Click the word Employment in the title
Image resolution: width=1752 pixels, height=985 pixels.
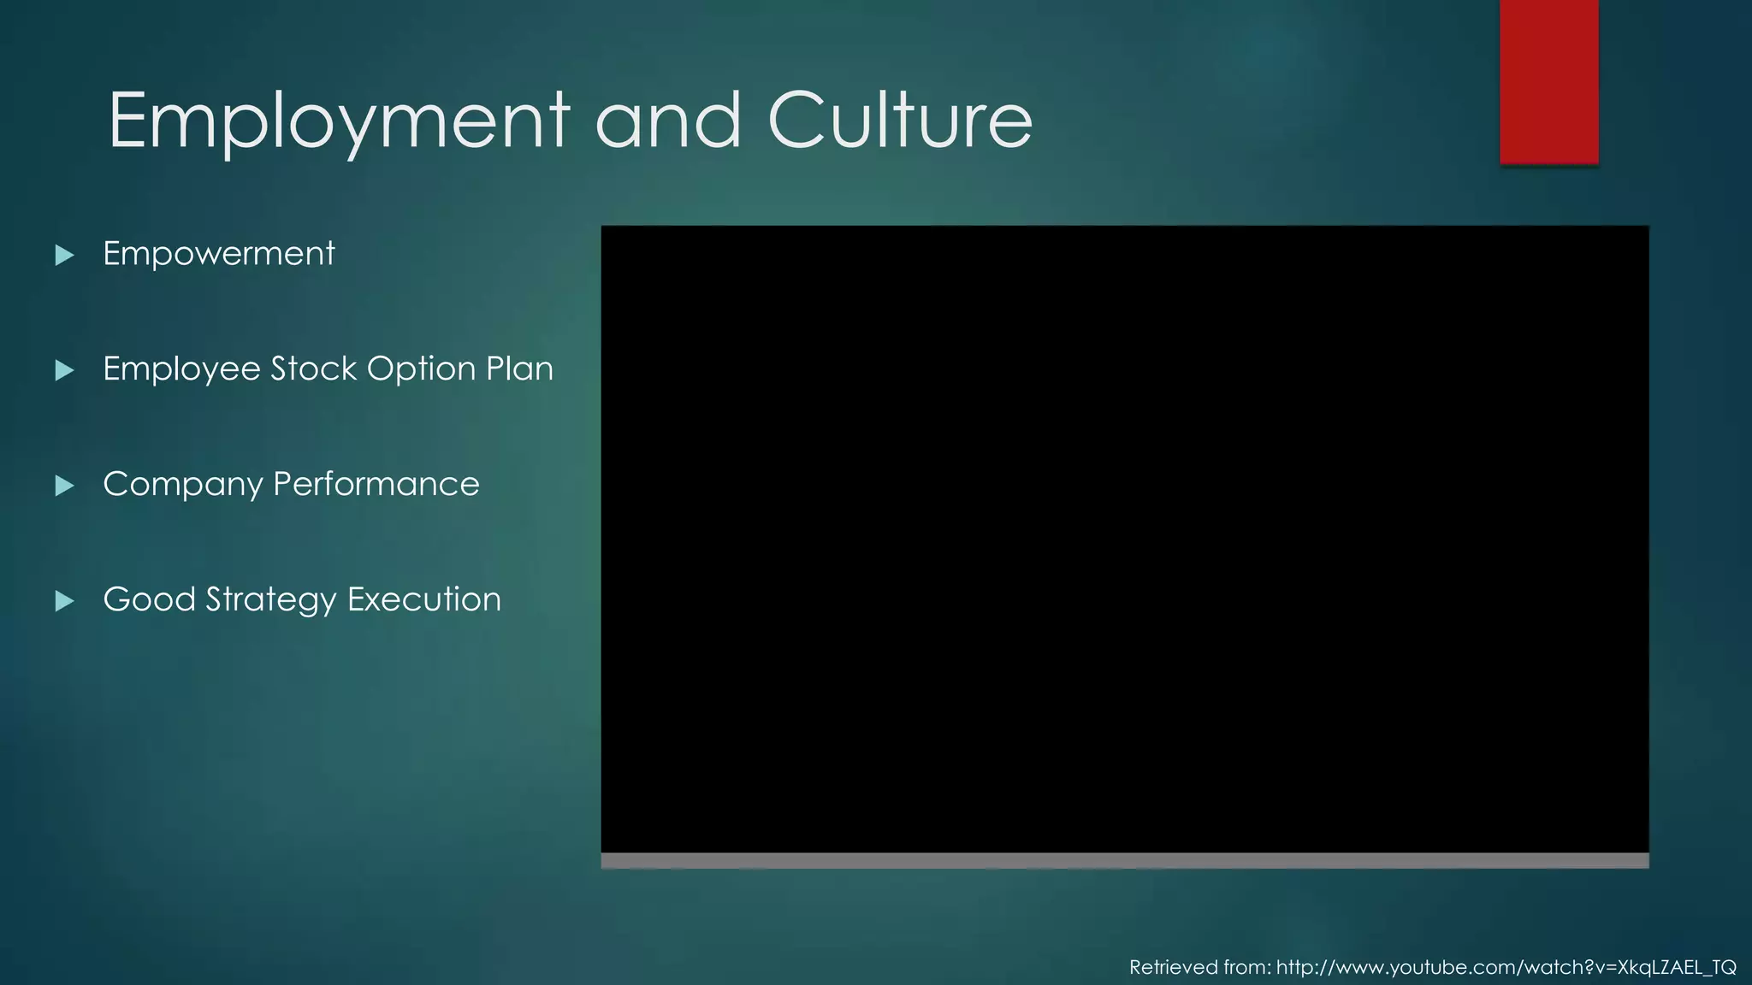[339, 121]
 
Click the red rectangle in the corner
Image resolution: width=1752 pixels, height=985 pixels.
[1548, 81]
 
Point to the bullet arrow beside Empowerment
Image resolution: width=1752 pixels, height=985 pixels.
[64, 255]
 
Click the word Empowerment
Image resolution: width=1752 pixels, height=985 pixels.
[218, 254]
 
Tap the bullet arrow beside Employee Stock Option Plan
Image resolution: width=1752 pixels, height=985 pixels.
[64, 370]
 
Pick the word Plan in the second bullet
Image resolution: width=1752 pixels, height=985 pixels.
[519, 369]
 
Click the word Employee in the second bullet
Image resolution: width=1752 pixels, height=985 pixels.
[181, 369]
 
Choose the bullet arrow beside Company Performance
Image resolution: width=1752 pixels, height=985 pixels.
[64, 486]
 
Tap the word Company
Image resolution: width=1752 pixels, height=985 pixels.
[182, 485]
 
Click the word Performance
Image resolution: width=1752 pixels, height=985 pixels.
[376, 484]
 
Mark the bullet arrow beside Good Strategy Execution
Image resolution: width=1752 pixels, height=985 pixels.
[64, 601]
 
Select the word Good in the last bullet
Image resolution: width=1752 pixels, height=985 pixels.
[149, 599]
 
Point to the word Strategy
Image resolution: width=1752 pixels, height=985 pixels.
[271, 600]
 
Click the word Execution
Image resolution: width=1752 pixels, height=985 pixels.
[424, 599]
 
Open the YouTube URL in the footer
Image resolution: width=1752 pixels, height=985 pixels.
[1506, 967]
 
